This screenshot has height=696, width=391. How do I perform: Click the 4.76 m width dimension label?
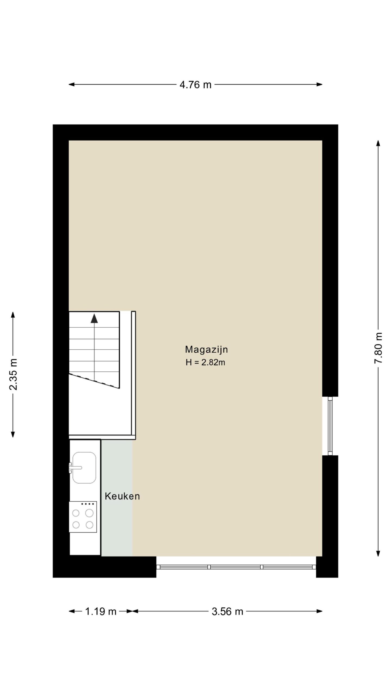(195, 85)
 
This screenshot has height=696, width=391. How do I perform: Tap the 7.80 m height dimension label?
(378, 348)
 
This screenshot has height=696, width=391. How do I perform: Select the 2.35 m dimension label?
(13, 374)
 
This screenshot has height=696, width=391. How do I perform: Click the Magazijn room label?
(206, 350)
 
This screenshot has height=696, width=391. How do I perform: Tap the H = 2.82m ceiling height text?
(205, 362)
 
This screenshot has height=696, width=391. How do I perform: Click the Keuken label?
(122, 496)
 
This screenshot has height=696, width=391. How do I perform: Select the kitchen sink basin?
(84, 468)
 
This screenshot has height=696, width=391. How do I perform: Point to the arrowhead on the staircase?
(94, 318)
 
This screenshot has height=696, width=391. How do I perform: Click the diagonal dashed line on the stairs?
(94, 381)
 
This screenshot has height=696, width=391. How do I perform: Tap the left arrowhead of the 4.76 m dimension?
(71, 85)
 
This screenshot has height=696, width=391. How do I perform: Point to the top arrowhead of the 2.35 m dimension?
(13, 315)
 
